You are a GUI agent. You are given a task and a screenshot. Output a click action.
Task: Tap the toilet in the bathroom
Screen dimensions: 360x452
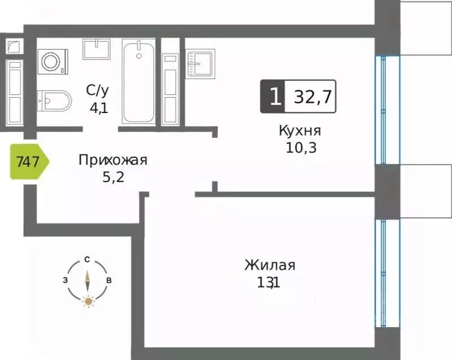coord(54,101)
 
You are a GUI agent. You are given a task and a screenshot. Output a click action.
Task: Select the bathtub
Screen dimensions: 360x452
coord(138,81)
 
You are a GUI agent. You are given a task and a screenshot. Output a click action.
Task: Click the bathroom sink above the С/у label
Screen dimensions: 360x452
coord(97,49)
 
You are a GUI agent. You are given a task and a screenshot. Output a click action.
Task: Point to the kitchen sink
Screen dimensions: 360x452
coord(201,62)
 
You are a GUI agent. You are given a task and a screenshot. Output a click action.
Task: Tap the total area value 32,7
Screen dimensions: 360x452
coord(311,97)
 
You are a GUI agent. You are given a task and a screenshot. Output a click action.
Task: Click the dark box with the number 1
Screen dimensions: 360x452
coord(273,97)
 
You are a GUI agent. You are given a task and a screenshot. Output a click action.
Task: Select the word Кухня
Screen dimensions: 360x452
coord(300,131)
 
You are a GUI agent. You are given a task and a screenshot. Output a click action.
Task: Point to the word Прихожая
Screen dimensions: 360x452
coord(112,160)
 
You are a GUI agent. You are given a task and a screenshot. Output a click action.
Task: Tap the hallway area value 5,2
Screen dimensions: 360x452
coord(110,177)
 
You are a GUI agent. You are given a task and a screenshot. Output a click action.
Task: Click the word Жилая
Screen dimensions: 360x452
coord(270,265)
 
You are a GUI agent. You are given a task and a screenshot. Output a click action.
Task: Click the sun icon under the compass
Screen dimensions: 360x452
coord(88,301)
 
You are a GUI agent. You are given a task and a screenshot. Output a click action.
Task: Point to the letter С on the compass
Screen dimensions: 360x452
coord(88,259)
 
